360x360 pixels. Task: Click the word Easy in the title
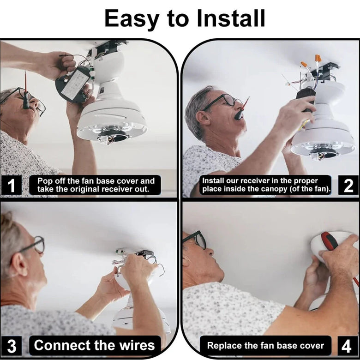(132, 19)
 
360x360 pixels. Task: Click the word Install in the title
(231, 18)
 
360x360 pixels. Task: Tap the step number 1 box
(11, 185)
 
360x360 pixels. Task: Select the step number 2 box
(348, 185)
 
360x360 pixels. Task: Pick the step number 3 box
(11, 346)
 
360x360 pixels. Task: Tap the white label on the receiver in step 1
(75, 84)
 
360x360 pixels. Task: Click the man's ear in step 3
(19, 264)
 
